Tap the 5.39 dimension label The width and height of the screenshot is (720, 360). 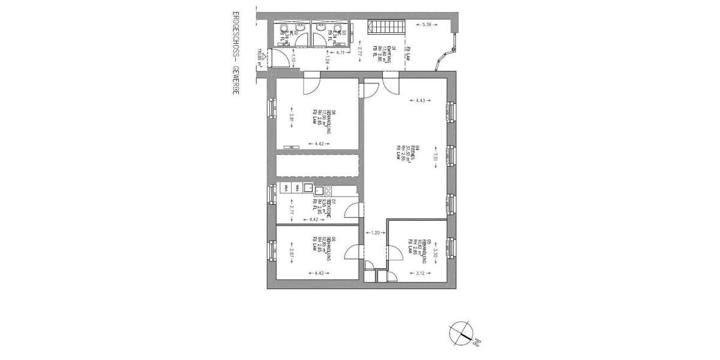coord(427,25)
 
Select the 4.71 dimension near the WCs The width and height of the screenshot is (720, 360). coord(340,53)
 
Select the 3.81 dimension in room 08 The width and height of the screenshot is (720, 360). coord(290,119)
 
